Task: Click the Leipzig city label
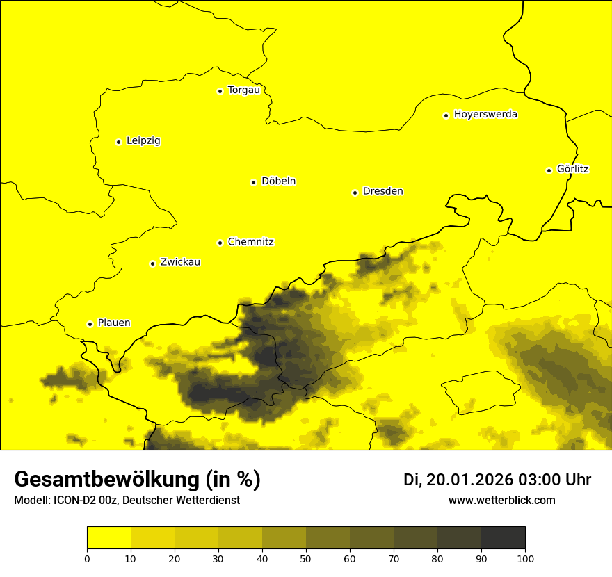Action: click(143, 141)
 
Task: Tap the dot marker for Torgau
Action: click(220, 91)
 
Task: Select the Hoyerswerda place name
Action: click(485, 115)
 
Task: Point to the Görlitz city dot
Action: click(549, 170)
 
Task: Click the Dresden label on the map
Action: click(382, 191)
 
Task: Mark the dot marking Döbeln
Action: click(253, 182)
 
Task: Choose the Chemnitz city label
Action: click(250, 242)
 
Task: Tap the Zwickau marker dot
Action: click(152, 263)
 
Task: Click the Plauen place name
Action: click(114, 323)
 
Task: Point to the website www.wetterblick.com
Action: click(501, 500)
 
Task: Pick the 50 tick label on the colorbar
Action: click(306, 558)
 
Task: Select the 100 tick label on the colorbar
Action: click(525, 558)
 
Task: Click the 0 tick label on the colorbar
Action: click(87, 558)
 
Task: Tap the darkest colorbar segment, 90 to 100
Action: click(503, 537)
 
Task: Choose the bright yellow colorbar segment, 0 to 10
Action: click(108, 537)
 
